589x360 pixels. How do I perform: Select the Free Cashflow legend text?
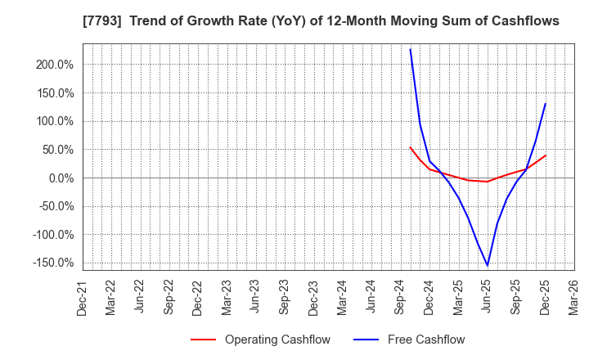click(x=426, y=340)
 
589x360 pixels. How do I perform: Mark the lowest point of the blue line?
click(x=488, y=265)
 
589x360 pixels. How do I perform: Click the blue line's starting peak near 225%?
click(x=410, y=49)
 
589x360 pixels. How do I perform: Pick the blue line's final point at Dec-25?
click(x=546, y=104)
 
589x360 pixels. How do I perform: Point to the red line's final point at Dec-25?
click(x=546, y=155)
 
